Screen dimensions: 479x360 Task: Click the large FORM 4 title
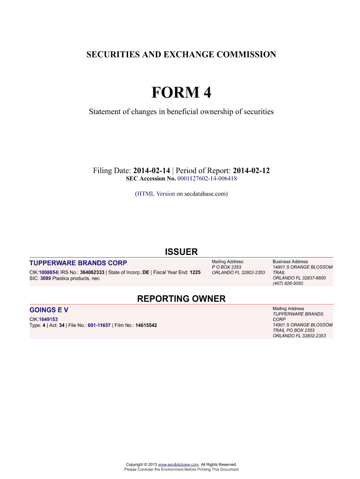coord(181,93)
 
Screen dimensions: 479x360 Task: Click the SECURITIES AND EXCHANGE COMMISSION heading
coord(181,55)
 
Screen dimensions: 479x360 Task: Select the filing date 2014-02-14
coord(151,171)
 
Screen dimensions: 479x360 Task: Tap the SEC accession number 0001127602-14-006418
coord(207,179)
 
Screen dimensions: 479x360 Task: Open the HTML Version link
coord(156,193)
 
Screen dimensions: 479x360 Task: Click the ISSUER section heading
coord(181,252)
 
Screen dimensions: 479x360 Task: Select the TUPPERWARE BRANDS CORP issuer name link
coord(78,262)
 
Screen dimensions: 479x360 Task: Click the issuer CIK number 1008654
coord(48,272)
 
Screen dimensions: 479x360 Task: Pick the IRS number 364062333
coord(92,272)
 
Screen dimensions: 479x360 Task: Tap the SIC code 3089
coord(45,278)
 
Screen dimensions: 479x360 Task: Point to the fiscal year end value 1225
coord(195,272)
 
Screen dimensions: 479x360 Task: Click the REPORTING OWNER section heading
coord(181,298)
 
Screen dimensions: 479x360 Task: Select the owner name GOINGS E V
coord(49,310)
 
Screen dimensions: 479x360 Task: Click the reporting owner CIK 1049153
coord(48,319)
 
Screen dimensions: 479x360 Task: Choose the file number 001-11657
coord(99,325)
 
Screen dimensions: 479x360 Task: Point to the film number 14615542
coord(146,325)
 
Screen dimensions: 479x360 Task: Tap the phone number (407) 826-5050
coord(288,283)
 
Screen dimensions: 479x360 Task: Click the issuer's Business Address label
coord(290,261)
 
